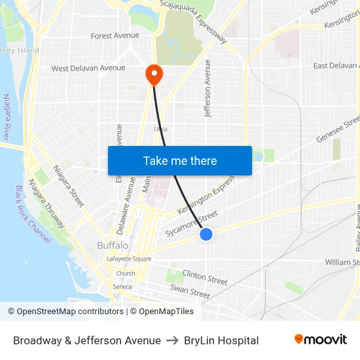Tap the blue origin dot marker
click(206, 234)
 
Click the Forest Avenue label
click(115, 36)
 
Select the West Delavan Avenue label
click(88, 68)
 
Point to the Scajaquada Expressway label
click(194, 21)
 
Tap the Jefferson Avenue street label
click(208, 88)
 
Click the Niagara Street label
click(69, 186)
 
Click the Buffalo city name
click(113, 245)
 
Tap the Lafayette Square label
click(129, 259)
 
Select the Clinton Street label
click(205, 277)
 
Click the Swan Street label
click(190, 291)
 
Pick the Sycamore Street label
click(191, 224)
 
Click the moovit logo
click(320, 340)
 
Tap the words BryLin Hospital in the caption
click(221, 340)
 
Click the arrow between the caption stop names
click(172, 340)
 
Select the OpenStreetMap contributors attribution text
click(65, 312)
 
